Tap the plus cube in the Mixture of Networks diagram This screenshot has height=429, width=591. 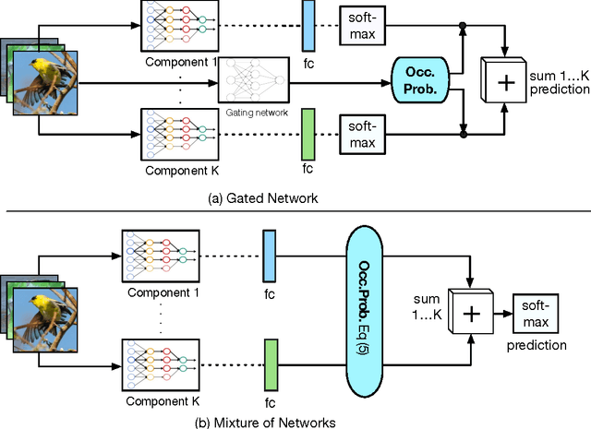coord(471,314)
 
